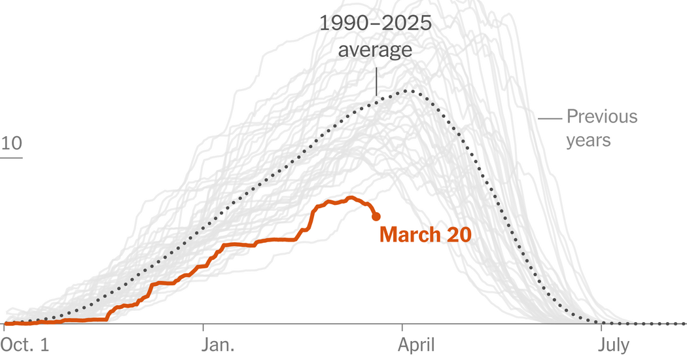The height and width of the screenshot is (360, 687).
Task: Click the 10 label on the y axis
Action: pyautogui.click(x=11, y=144)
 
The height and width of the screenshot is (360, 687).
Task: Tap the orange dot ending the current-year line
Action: pyautogui.click(x=376, y=217)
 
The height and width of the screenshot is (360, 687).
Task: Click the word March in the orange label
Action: pyautogui.click(x=411, y=235)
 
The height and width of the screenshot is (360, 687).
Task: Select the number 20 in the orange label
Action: pyautogui.click(x=459, y=235)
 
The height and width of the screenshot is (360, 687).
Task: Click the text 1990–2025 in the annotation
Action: pyautogui.click(x=375, y=24)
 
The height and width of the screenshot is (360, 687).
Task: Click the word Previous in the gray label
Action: pyautogui.click(x=601, y=117)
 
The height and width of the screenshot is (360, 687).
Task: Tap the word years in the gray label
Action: pyautogui.click(x=588, y=140)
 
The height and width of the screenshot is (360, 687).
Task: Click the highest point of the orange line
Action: pyautogui.click(x=351, y=197)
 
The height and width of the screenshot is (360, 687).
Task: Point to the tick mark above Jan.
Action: pyautogui.click(x=203, y=328)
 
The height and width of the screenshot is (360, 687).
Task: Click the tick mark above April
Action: pyautogui.click(x=403, y=328)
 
